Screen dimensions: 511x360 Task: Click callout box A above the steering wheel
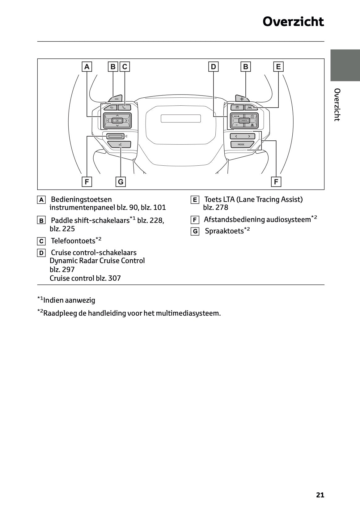(87, 66)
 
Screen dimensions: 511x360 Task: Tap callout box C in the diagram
(125, 66)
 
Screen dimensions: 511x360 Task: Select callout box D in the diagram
(213, 66)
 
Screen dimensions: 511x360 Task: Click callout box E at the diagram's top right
(278, 66)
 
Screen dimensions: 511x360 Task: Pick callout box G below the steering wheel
(121, 182)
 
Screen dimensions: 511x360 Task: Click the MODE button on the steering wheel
(241, 144)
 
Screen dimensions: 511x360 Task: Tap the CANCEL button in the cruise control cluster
(244, 121)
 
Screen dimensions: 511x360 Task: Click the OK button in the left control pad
(117, 121)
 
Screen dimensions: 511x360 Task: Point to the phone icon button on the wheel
(124, 108)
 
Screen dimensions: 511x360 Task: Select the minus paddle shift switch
(116, 99)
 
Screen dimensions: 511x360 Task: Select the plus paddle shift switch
(242, 99)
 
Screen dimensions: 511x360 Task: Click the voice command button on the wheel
(120, 144)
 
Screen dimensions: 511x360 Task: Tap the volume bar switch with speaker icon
(115, 136)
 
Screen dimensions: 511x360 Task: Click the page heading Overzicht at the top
(293, 22)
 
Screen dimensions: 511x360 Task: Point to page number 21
(320, 495)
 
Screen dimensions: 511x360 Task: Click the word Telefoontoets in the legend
(73, 241)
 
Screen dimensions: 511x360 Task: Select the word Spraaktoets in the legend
(224, 231)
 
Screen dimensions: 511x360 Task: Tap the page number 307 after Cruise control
(114, 278)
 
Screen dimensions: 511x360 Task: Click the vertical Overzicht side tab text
(337, 105)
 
